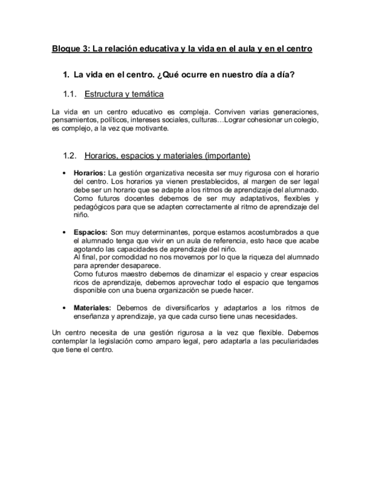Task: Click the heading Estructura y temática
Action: click(x=124, y=94)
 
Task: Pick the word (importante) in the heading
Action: click(x=228, y=155)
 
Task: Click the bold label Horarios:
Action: click(x=89, y=173)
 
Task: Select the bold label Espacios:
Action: click(x=90, y=232)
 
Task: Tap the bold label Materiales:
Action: click(x=93, y=308)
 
